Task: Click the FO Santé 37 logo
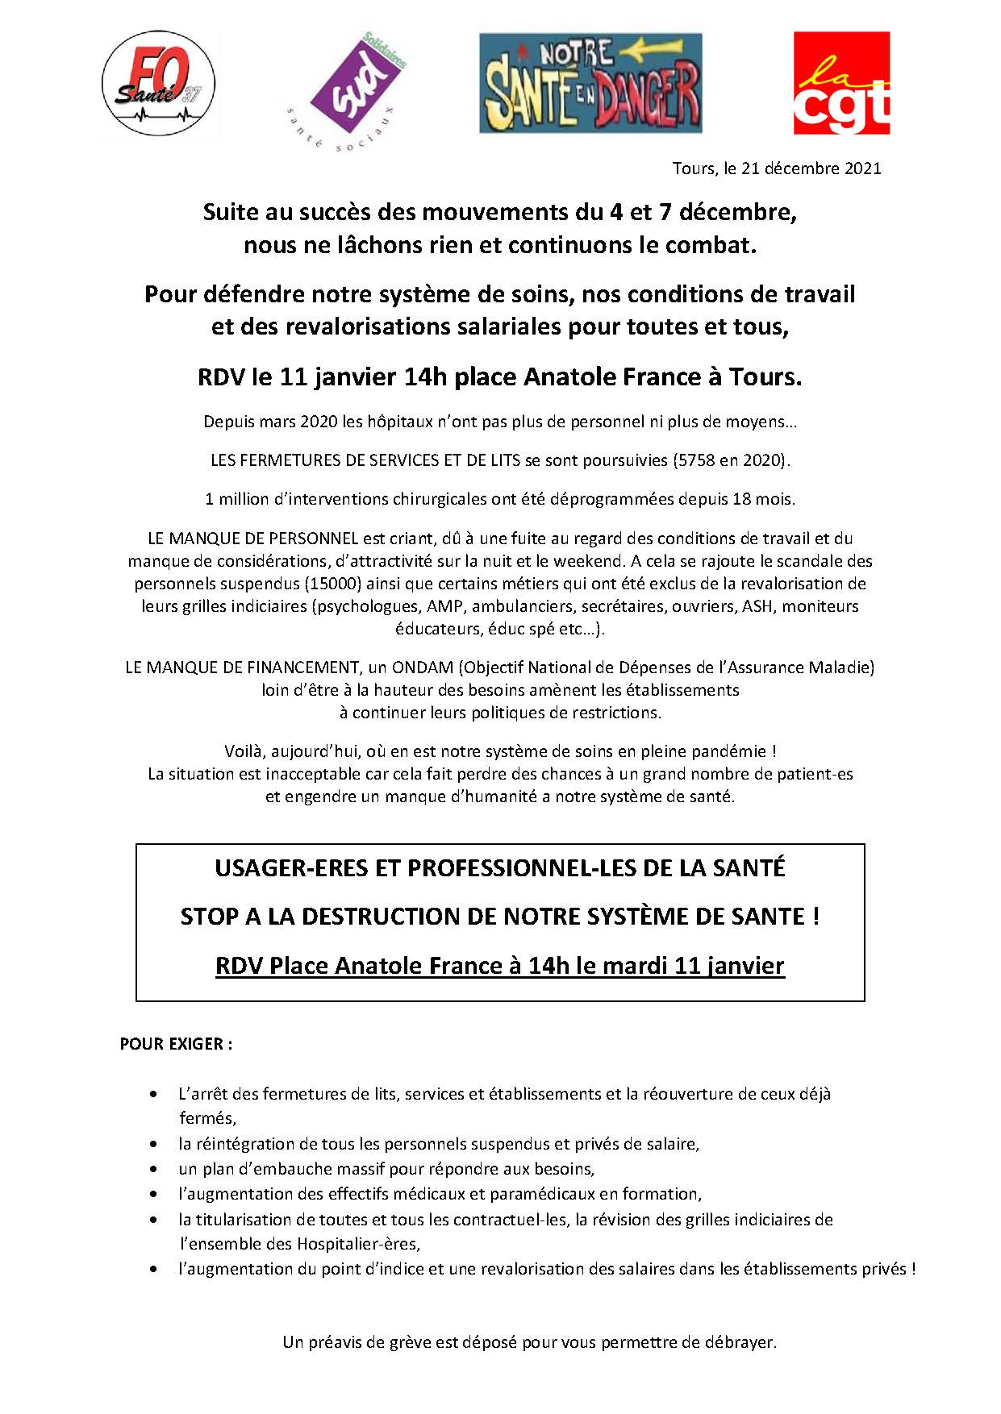[x=158, y=84]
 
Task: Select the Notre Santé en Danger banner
[x=590, y=83]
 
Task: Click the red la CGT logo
[x=841, y=83]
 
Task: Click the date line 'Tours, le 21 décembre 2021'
[x=777, y=168]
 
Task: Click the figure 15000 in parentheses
[x=332, y=584]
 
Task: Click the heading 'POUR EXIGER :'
[x=176, y=1044]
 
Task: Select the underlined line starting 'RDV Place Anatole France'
[x=499, y=966]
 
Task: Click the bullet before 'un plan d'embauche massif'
[x=153, y=1169]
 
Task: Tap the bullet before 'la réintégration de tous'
[x=153, y=1144]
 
